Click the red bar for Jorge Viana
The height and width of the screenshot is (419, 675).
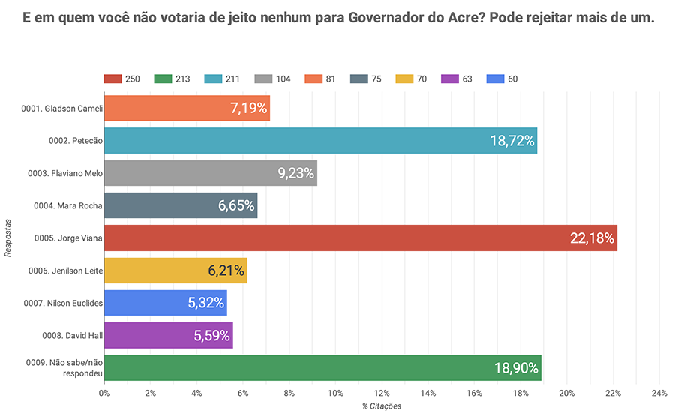360,238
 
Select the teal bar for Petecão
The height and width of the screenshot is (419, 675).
320,141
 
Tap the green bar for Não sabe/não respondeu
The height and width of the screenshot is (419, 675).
322,367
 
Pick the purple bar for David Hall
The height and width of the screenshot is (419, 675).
168,335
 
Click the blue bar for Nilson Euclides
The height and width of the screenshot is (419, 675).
165,303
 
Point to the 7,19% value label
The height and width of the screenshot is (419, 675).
248,109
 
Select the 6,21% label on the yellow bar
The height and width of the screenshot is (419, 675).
226,271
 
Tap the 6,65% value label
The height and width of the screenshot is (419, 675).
236,206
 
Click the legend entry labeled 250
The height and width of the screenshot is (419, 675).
124,79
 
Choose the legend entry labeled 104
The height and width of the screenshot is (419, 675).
274,79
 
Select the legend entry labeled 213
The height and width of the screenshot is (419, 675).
173,79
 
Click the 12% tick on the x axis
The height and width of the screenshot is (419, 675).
382,394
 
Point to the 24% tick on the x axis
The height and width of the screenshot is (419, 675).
659,394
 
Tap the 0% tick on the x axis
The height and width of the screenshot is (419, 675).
104,394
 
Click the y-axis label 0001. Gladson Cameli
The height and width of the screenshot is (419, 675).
61,109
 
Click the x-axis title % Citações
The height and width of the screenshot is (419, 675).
381,406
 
